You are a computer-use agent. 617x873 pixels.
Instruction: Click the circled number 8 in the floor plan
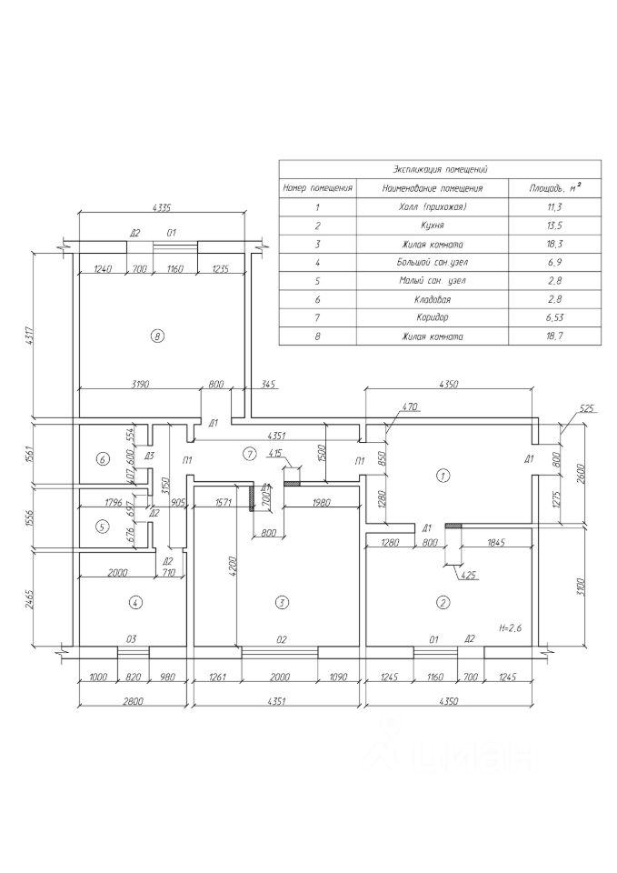(x=157, y=336)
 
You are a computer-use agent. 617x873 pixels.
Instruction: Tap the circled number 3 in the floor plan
(x=282, y=602)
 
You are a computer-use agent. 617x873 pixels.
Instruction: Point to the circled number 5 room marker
(x=102, y=527)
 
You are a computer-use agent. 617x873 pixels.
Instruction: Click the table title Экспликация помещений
(x=440, y=169)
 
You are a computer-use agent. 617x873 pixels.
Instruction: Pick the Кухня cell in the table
(x=432, y=226)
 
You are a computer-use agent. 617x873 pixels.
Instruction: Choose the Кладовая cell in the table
(x=432, y=299)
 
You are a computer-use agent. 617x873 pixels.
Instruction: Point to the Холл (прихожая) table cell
(x=432, y=207)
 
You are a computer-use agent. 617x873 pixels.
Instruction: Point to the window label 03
(x=131, y=640)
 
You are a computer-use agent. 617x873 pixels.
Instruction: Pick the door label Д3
(x=148, y=455)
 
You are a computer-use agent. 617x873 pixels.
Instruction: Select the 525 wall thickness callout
(x=585, y=409)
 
